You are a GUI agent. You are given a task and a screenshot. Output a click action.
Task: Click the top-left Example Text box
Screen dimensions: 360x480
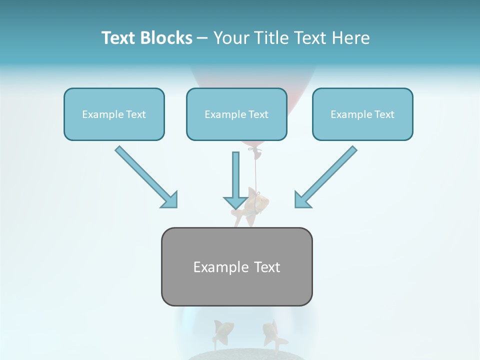(x=114, y=114)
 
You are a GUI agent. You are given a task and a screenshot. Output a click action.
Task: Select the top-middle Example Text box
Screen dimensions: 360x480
(x=236, y=114)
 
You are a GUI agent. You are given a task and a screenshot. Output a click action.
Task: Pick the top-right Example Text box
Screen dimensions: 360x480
(x=362, y=114)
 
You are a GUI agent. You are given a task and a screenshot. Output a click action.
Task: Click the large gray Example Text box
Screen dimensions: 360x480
(x=236, y=266)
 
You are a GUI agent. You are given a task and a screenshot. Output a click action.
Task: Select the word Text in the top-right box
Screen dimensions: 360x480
(x=384, y=114)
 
